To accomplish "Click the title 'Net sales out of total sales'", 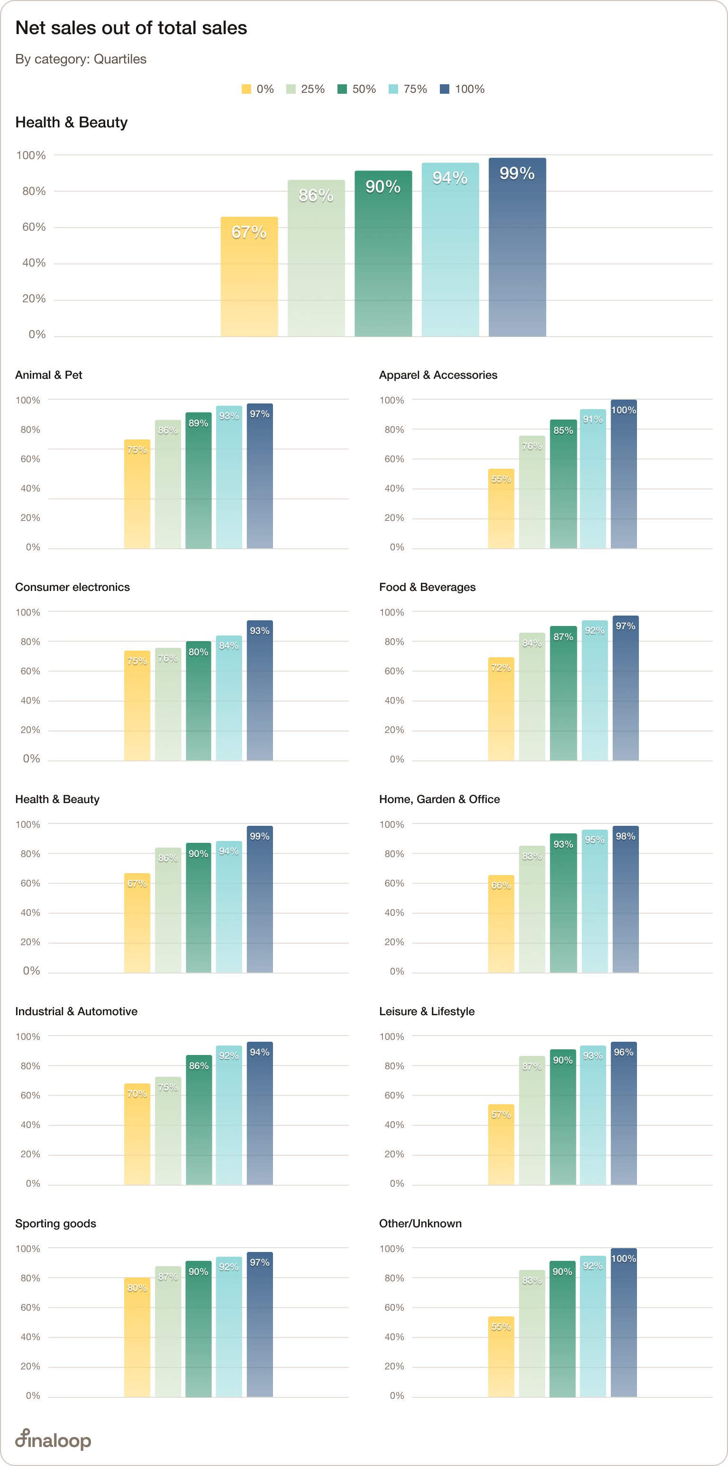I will pos(131,28).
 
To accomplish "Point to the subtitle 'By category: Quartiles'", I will pos(81,59).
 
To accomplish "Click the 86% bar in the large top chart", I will pos(316,259).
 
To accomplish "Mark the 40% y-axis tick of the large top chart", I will pos(34,263).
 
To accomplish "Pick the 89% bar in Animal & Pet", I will pos(198,481).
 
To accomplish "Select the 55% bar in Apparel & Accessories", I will pos(500,510).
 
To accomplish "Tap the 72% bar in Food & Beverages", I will pos(500,709).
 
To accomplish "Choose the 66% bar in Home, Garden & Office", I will pos(500,924).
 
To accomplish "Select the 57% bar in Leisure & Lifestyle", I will pos(500,1144).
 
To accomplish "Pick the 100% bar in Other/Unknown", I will pos(624,1323).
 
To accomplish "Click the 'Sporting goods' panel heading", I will pos(56,1224).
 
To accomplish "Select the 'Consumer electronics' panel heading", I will pos(73,587).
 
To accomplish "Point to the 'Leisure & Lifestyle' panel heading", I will pos(427,1011).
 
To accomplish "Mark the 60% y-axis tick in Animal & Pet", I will pos(30,459).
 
